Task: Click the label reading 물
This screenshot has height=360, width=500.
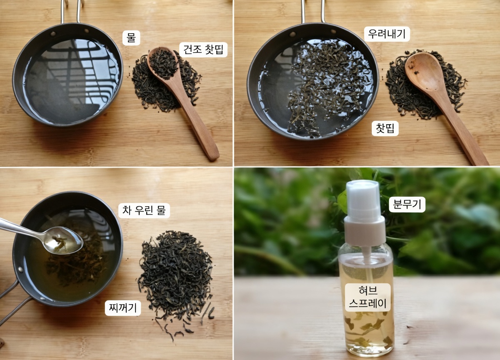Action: pyautogui.click(x=131, y=38)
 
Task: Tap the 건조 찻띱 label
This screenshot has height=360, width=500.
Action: pyautogui.click(x=203, y=50)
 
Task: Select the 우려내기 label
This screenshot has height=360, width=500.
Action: pyautogui.click(x=387, y=34)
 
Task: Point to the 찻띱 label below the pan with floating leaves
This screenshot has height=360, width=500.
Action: pyautogui.click(x=385, y=128)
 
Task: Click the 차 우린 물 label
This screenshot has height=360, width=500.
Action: pyautogui.click(x=144, y=210)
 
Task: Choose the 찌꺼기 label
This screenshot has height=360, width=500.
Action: pyautogui.click(x=123, y=308)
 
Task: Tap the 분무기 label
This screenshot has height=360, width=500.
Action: pyautogui.click(x=407, y=205)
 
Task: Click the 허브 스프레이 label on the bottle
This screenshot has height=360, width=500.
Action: pyautogui.click(x=367, y=297)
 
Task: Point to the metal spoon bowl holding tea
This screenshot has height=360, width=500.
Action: pyautogui.click(x=63, y=240)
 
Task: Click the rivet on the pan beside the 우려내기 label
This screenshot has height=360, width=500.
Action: pyautogui.click(x=292, y=34)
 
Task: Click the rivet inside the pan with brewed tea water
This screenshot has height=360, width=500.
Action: pyautogui.click(x=21, y=270)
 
